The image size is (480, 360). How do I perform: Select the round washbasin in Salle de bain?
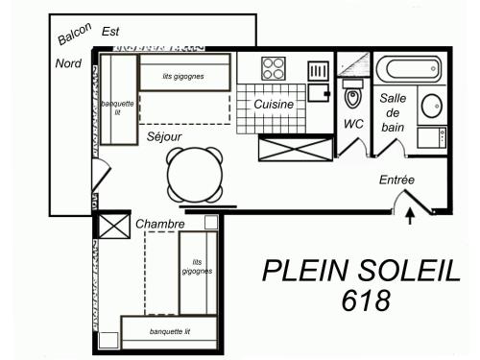432,106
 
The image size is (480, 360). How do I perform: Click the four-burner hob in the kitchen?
274,68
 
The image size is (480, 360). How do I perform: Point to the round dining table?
195,175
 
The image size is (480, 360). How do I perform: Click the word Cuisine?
274,104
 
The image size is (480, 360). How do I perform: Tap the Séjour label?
164,136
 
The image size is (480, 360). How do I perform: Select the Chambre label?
160,224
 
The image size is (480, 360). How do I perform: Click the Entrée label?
396,180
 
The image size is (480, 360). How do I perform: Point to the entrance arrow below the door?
410,217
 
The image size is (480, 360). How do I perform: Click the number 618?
366,300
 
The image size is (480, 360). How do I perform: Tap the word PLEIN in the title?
304,271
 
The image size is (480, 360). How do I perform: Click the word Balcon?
75,34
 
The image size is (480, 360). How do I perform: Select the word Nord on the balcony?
68,63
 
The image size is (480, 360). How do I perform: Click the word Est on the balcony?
110,32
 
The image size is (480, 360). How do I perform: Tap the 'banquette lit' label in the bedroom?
170,331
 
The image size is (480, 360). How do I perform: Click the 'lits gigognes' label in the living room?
183,76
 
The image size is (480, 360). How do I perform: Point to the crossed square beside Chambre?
113,226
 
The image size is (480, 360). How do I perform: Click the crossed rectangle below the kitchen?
296,148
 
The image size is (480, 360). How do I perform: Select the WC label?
353,124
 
